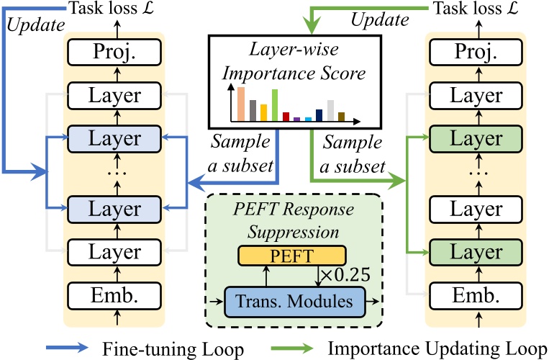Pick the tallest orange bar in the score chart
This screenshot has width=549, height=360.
click(x=242, y=104)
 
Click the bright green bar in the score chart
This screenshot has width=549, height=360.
click(x=274, y=105)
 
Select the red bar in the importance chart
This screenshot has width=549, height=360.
click(x=286, y=116)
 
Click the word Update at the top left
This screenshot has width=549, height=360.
click(x=29, y=24)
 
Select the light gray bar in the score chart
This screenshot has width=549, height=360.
click(x=330, y=110)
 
